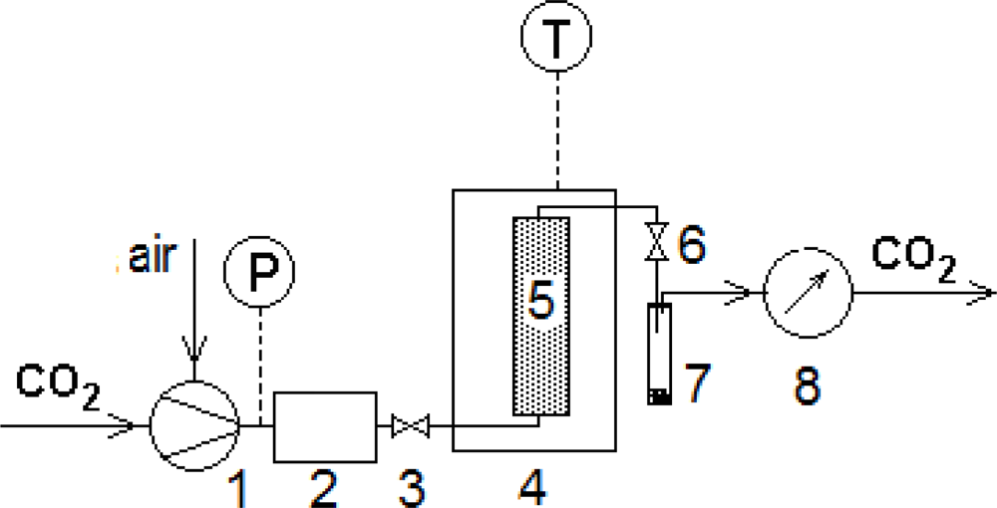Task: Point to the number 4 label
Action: point(531,487)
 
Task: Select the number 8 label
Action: point(807,384)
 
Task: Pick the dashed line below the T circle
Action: point(556,129)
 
